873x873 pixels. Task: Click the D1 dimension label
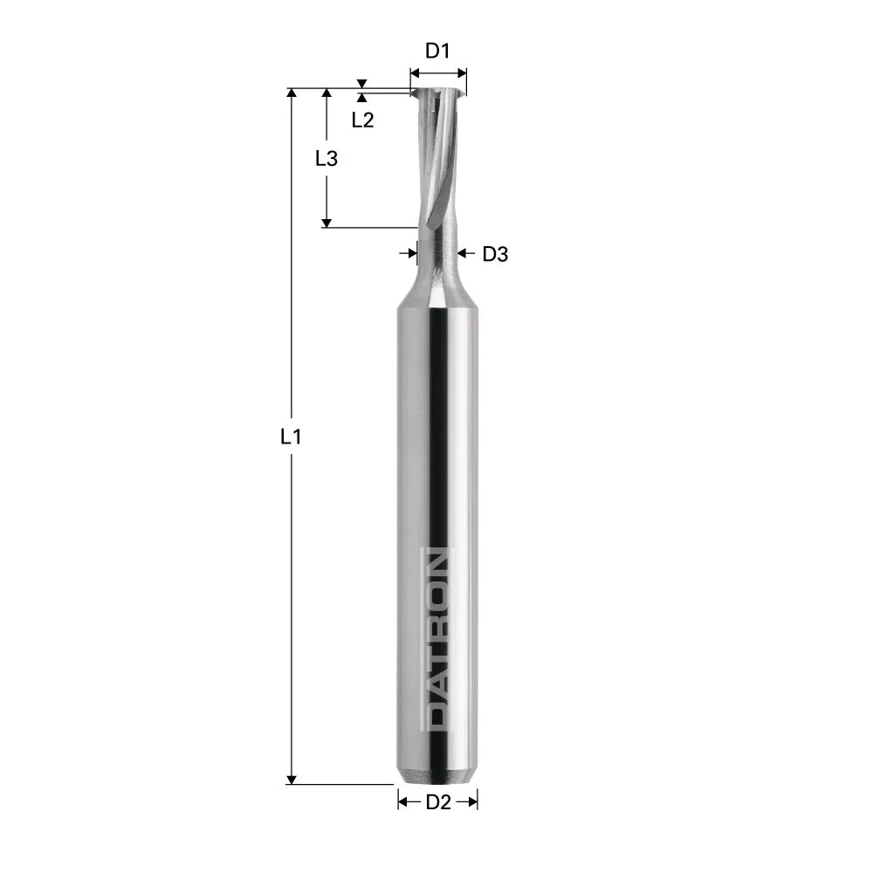[x=437, y=51]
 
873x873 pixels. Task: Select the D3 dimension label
[x=495, y=254]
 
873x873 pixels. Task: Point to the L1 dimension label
[x=291, y=436]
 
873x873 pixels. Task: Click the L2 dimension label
[x=362, y=120]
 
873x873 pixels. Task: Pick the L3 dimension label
[x=326, y=159]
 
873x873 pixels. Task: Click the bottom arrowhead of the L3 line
[x=326, y=223]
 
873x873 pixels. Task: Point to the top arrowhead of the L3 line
[x=326, y=93]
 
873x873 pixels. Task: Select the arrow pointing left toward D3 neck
[x=463, y=253]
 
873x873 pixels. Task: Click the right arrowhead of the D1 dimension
[x=463, y=71]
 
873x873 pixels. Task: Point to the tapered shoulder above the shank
[x=437, y=292]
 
